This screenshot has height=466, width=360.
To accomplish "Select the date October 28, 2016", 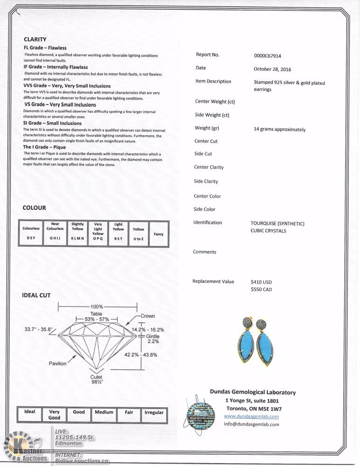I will click(x=272, y=69).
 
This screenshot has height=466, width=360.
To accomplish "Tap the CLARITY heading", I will click(x=35, y=40).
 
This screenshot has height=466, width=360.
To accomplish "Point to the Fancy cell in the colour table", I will click(x=158, y=234).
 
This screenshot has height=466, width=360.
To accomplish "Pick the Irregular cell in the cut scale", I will click(x=154, y=412).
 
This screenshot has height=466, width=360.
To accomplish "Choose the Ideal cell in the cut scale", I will click(x=30, y=412).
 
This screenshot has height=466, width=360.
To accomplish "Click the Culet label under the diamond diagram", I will click(x=96, y=379).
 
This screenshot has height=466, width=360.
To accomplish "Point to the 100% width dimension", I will click(x=97, y=307).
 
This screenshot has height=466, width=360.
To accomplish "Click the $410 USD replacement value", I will click(x=261, y=282).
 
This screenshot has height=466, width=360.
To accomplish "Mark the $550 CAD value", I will click(x=261, y=289).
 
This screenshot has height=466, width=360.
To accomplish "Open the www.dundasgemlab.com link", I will click(x=251, y=416).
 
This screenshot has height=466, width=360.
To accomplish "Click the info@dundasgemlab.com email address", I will click(x=251, y=424).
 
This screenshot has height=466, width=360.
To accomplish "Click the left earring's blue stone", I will click(x=248, y=346).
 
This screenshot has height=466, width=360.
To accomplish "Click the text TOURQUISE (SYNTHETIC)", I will click(x=277, y=224).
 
